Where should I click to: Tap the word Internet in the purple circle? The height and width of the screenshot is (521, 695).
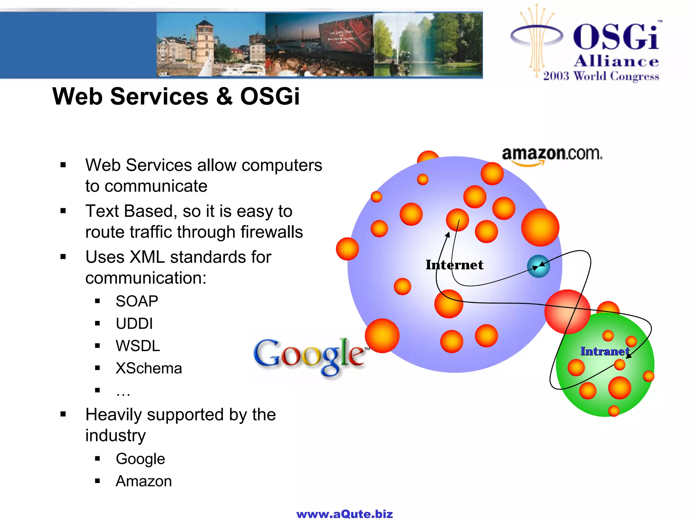tap(454, 265)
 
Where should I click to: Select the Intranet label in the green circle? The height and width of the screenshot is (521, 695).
tap(605, 351)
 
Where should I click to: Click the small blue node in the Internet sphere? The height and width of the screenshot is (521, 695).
tap(538, 266)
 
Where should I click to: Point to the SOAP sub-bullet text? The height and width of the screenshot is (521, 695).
tap(137, 301)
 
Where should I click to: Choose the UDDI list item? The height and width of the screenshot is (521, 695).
tap(134, 324)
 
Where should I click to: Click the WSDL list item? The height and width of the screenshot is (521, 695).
tap(137, 346)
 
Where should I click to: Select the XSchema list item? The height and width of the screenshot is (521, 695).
tap(149, 368)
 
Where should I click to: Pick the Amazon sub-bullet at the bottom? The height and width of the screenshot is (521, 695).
tap(144, 481)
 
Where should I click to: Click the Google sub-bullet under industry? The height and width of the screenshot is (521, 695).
tap(140, 459)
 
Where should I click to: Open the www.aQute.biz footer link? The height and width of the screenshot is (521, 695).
tap(344, 514)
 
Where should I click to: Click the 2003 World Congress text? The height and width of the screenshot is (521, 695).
tap(601, 76)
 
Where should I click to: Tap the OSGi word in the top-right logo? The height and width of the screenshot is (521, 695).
tap(616, 37)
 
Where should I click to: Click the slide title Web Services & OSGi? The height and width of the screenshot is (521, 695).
tap(176, 96)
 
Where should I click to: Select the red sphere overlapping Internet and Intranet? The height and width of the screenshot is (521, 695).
tap(567, 311)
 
